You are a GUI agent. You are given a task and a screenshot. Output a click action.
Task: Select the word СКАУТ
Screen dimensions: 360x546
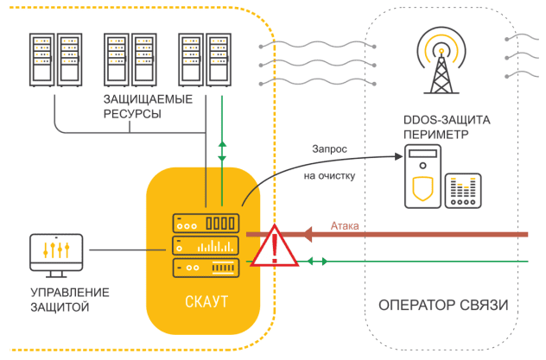pos(205,303)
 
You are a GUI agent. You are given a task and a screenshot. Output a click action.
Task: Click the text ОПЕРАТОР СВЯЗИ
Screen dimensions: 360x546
pos(443,305)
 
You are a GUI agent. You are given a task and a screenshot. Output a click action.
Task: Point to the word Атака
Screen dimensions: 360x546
pos(346,226)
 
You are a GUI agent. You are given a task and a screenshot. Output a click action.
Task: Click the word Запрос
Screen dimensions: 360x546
pos(330,148)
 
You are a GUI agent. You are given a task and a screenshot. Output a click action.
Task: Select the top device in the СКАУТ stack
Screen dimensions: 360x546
pos(205,223)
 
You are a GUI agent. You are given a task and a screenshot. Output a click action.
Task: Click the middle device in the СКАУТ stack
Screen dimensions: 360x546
pos(205,245)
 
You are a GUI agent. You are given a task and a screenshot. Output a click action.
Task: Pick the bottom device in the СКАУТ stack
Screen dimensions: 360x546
pos(205,267)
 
